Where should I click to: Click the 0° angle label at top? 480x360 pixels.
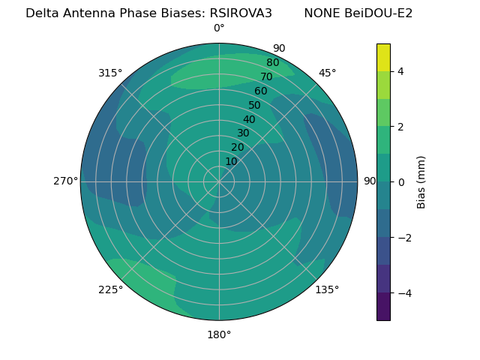coord(219,28)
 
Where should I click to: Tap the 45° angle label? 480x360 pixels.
coord(327,73)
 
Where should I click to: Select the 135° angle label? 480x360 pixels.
coord(327,289)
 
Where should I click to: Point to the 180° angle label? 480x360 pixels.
coord(219,334)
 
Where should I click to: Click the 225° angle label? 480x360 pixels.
coord(110,289)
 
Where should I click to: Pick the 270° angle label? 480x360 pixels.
coord(65,181)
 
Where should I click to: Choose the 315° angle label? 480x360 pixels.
coord(110,73)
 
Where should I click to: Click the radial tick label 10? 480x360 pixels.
coord(231,161)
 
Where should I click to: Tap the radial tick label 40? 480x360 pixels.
coord(249,119)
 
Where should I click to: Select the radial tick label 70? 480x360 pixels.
coord(266,76)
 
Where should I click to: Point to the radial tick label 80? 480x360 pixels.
coord(272,63)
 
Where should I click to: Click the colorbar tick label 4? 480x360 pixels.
coord(400,71)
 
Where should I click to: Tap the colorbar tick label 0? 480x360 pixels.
coord(400,182)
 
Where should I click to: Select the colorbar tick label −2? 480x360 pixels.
coord(403,238)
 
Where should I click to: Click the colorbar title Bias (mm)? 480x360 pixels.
coord(421,182)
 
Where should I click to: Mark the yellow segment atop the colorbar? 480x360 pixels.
coord(383,57)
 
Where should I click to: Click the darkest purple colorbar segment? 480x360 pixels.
coord(383,307)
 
